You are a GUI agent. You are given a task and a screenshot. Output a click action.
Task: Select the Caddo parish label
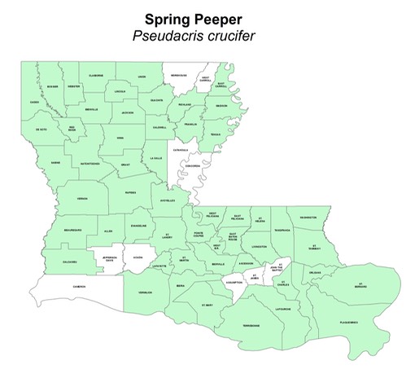[x=34, y=102]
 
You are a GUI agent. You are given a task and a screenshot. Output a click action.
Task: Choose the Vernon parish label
[x=82, y=198]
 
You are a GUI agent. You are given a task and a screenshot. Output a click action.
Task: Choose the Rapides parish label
[x=130, y=193]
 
